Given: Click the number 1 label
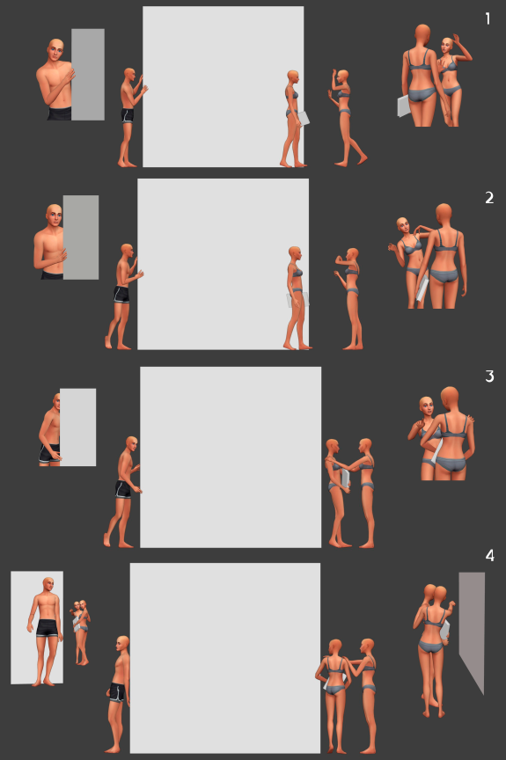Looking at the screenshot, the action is (x=488, y=18).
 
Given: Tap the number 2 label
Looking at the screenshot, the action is (x=489, y=198).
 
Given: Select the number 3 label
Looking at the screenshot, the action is (x=489, y=376).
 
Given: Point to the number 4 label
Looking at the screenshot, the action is (x=490, y=555).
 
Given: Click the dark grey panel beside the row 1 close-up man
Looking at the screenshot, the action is (x=88, y=74).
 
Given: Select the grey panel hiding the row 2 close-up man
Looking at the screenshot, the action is (x=81, y=237).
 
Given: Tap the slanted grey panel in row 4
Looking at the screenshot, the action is (x=472, y=630).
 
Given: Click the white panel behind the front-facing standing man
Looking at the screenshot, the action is (x=37, y=627).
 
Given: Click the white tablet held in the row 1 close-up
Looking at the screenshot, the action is (x=403, y=106).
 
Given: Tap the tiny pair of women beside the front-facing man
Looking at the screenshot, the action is (x=80, y=632).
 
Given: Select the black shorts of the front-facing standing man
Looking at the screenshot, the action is (x=48, y=628).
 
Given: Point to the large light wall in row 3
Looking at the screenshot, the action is (x=231, y=457).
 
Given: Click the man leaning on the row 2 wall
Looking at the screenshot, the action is (x=123, y=296).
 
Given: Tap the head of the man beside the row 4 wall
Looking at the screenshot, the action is (x=122, y=645).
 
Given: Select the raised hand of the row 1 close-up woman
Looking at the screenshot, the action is (x=457, y=40).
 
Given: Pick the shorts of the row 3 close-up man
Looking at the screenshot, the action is (x=49, y=455).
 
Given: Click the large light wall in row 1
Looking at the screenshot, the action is (x=224, y=87).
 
